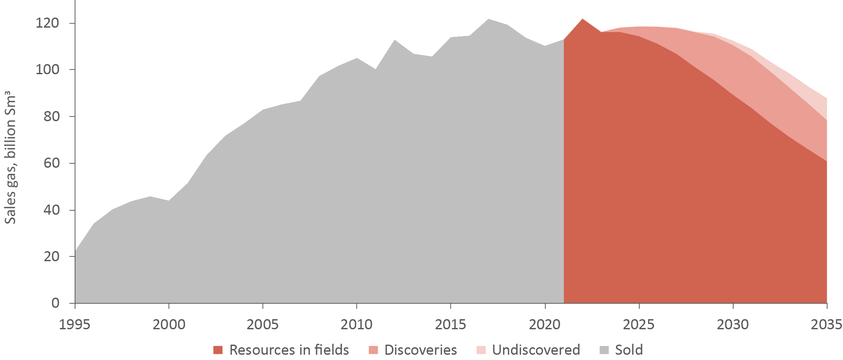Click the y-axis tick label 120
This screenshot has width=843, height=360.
[x=47, y=23]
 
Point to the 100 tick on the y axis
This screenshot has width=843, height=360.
[x=47, y=69]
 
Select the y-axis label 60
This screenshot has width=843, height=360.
[x=51, y=163]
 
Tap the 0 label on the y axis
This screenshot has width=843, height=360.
[x=55, y=303]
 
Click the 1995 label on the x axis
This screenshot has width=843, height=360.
[x=75, y=324]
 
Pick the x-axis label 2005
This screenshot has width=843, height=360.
[x=263, y=324]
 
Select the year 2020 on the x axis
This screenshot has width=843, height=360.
[x=544, y=324]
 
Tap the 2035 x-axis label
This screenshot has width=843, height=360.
[x=826, y=324]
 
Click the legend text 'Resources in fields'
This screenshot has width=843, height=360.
[x=289, y=350]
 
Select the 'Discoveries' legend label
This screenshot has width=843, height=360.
[x=421, y=350]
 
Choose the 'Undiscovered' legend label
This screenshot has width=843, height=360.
[x=536, y=350]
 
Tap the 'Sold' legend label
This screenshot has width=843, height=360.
[x=629, y=350]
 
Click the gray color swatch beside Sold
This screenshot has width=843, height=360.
[x=604, y=350]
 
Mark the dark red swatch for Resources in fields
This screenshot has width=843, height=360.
[x=218, y=350]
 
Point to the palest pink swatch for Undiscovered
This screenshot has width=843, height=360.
[x=481, y=350]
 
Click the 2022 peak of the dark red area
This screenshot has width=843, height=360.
[x=583, y=19]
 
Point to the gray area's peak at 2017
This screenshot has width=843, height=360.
[x=488, y=20]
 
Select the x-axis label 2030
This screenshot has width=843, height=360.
[x=732, y=324]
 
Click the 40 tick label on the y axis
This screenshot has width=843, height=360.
[x=51, y=210]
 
